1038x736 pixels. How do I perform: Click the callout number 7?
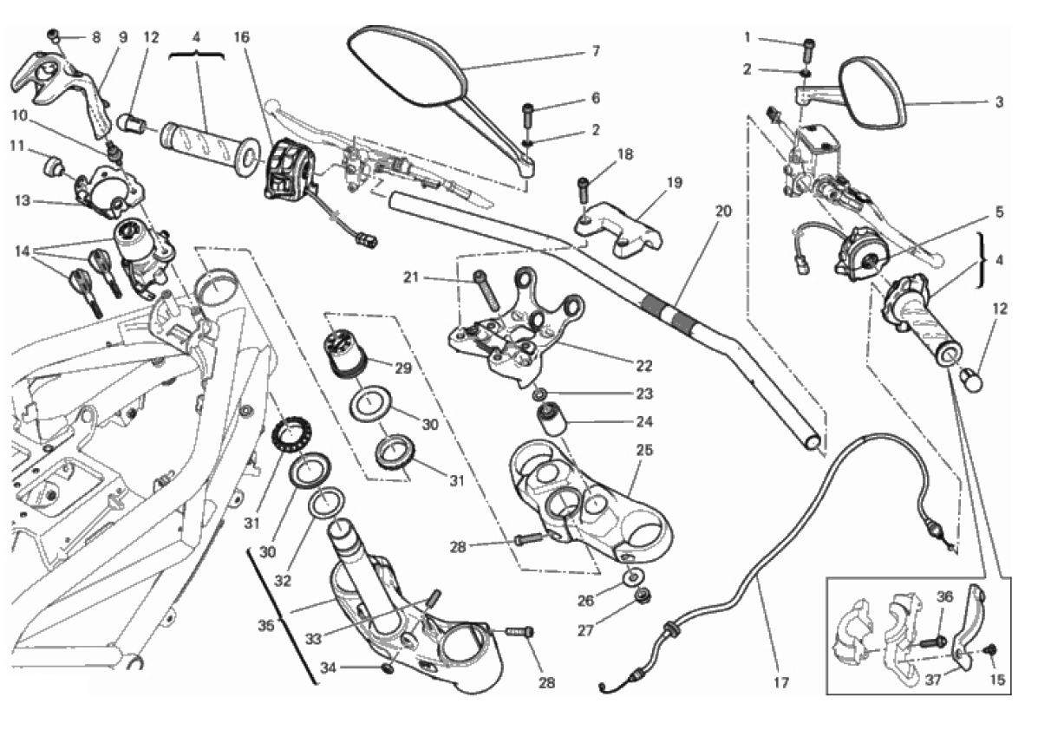(596, 51)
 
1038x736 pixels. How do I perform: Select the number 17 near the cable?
(781, 683)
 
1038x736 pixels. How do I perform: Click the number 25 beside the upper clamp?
(644, 451)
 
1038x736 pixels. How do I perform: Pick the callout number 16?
(242, 37)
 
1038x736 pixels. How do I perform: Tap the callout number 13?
(23, 200)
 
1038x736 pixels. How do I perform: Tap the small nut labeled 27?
(643, 596)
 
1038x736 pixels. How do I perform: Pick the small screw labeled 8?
(53, 36)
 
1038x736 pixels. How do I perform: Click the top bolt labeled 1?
(809, 42)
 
